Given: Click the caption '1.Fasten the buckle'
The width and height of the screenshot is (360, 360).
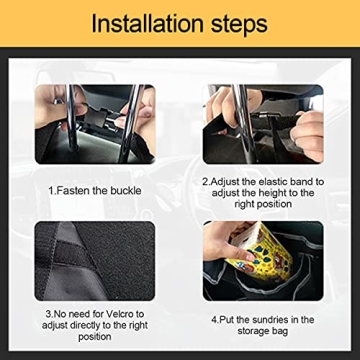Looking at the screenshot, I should (x=95, y=189).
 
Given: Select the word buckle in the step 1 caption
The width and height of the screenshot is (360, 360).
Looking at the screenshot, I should (x=124, y=189).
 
